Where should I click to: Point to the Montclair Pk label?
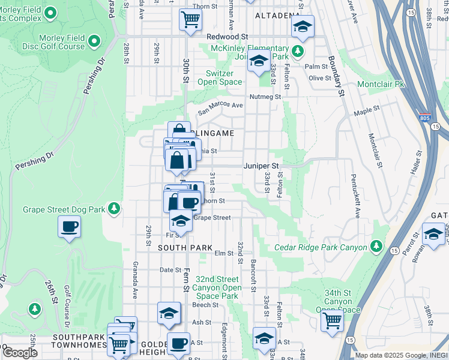(x=381, y=85)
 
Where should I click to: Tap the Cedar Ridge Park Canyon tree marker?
(x=376, y=246)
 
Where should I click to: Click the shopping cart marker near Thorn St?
(x=190, y=19)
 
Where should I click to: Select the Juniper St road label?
(x=261, y=166)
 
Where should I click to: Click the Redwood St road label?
(x=227, y=37)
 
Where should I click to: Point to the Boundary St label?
(x=336, y=76)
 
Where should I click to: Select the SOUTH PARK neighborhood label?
(x=185, y=247)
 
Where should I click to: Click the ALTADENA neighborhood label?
(x=277, y=15)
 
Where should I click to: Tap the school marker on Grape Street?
(x=181, y=221)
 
